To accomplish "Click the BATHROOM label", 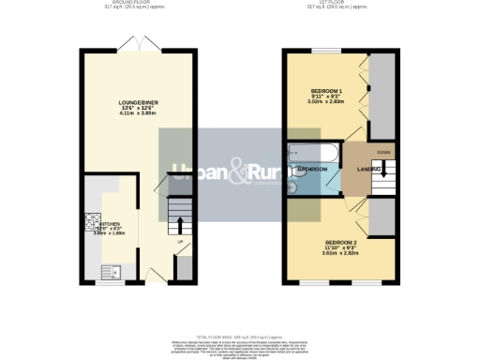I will click(313, 169).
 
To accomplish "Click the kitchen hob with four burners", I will click(94, 223).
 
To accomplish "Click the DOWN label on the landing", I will click(383, 152).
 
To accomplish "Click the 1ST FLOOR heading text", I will click(336, 4).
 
